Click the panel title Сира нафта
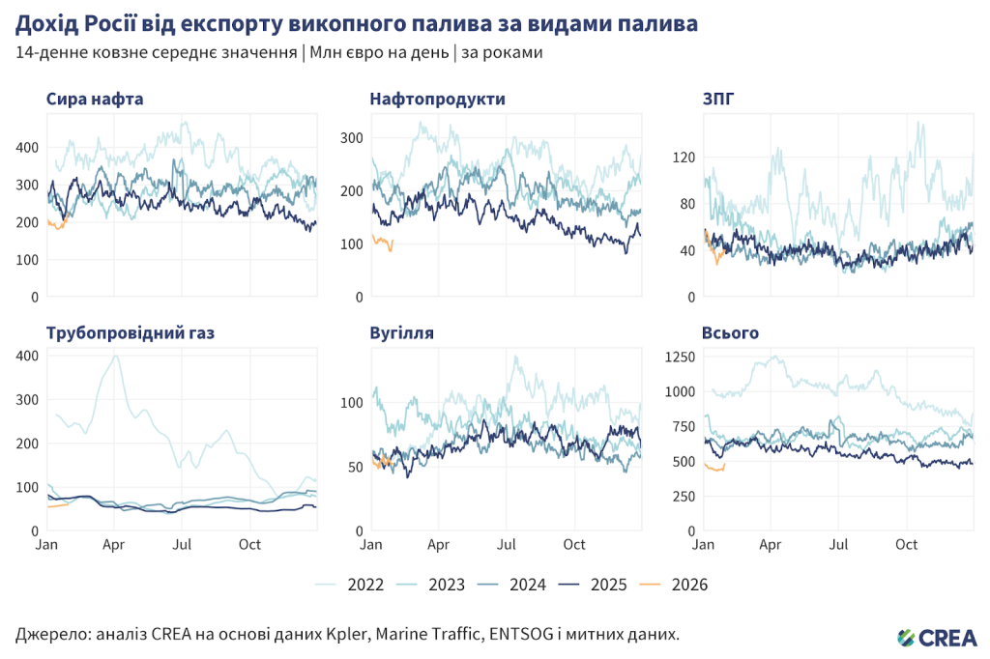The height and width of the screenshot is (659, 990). coord(95,99)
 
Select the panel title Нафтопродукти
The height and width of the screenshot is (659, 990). coord(437,99)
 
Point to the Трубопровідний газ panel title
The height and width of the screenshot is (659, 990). coord(131,333)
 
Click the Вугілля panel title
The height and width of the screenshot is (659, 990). coord(401,333)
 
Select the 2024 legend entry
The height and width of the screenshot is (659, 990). coord(528,585)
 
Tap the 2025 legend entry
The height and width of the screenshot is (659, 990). coord(608,585)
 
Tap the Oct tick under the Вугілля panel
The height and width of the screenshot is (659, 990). coord(574,545)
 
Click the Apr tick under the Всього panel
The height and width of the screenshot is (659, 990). coord(771,545)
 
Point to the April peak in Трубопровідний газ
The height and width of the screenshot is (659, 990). coord(117,356)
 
